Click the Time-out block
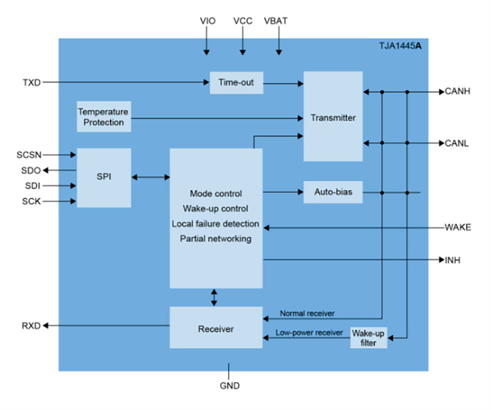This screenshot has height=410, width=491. click(236, 83)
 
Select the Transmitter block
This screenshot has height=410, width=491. click(333, 117)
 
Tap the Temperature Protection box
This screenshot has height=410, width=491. click(103, 117)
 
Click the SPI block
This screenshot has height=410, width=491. click(104, 177)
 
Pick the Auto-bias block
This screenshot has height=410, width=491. click(333, 192)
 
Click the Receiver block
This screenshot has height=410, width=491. click(215, 329)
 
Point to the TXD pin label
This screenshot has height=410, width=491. click(31, 83)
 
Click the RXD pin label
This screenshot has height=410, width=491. click(31, 326)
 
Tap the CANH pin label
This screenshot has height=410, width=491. click(457, 91)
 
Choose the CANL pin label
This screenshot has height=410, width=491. click(457, 143)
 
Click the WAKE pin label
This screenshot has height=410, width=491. click(457, 227)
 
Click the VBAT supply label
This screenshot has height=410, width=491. click(276, 21)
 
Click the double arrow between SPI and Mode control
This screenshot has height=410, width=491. click(150, 177)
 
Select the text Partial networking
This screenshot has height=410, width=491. click(215, 238)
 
